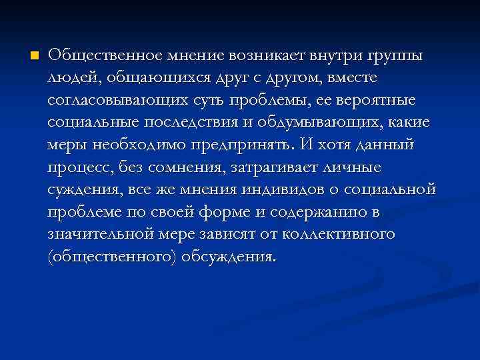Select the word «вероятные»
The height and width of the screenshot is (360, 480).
pos(375,99)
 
